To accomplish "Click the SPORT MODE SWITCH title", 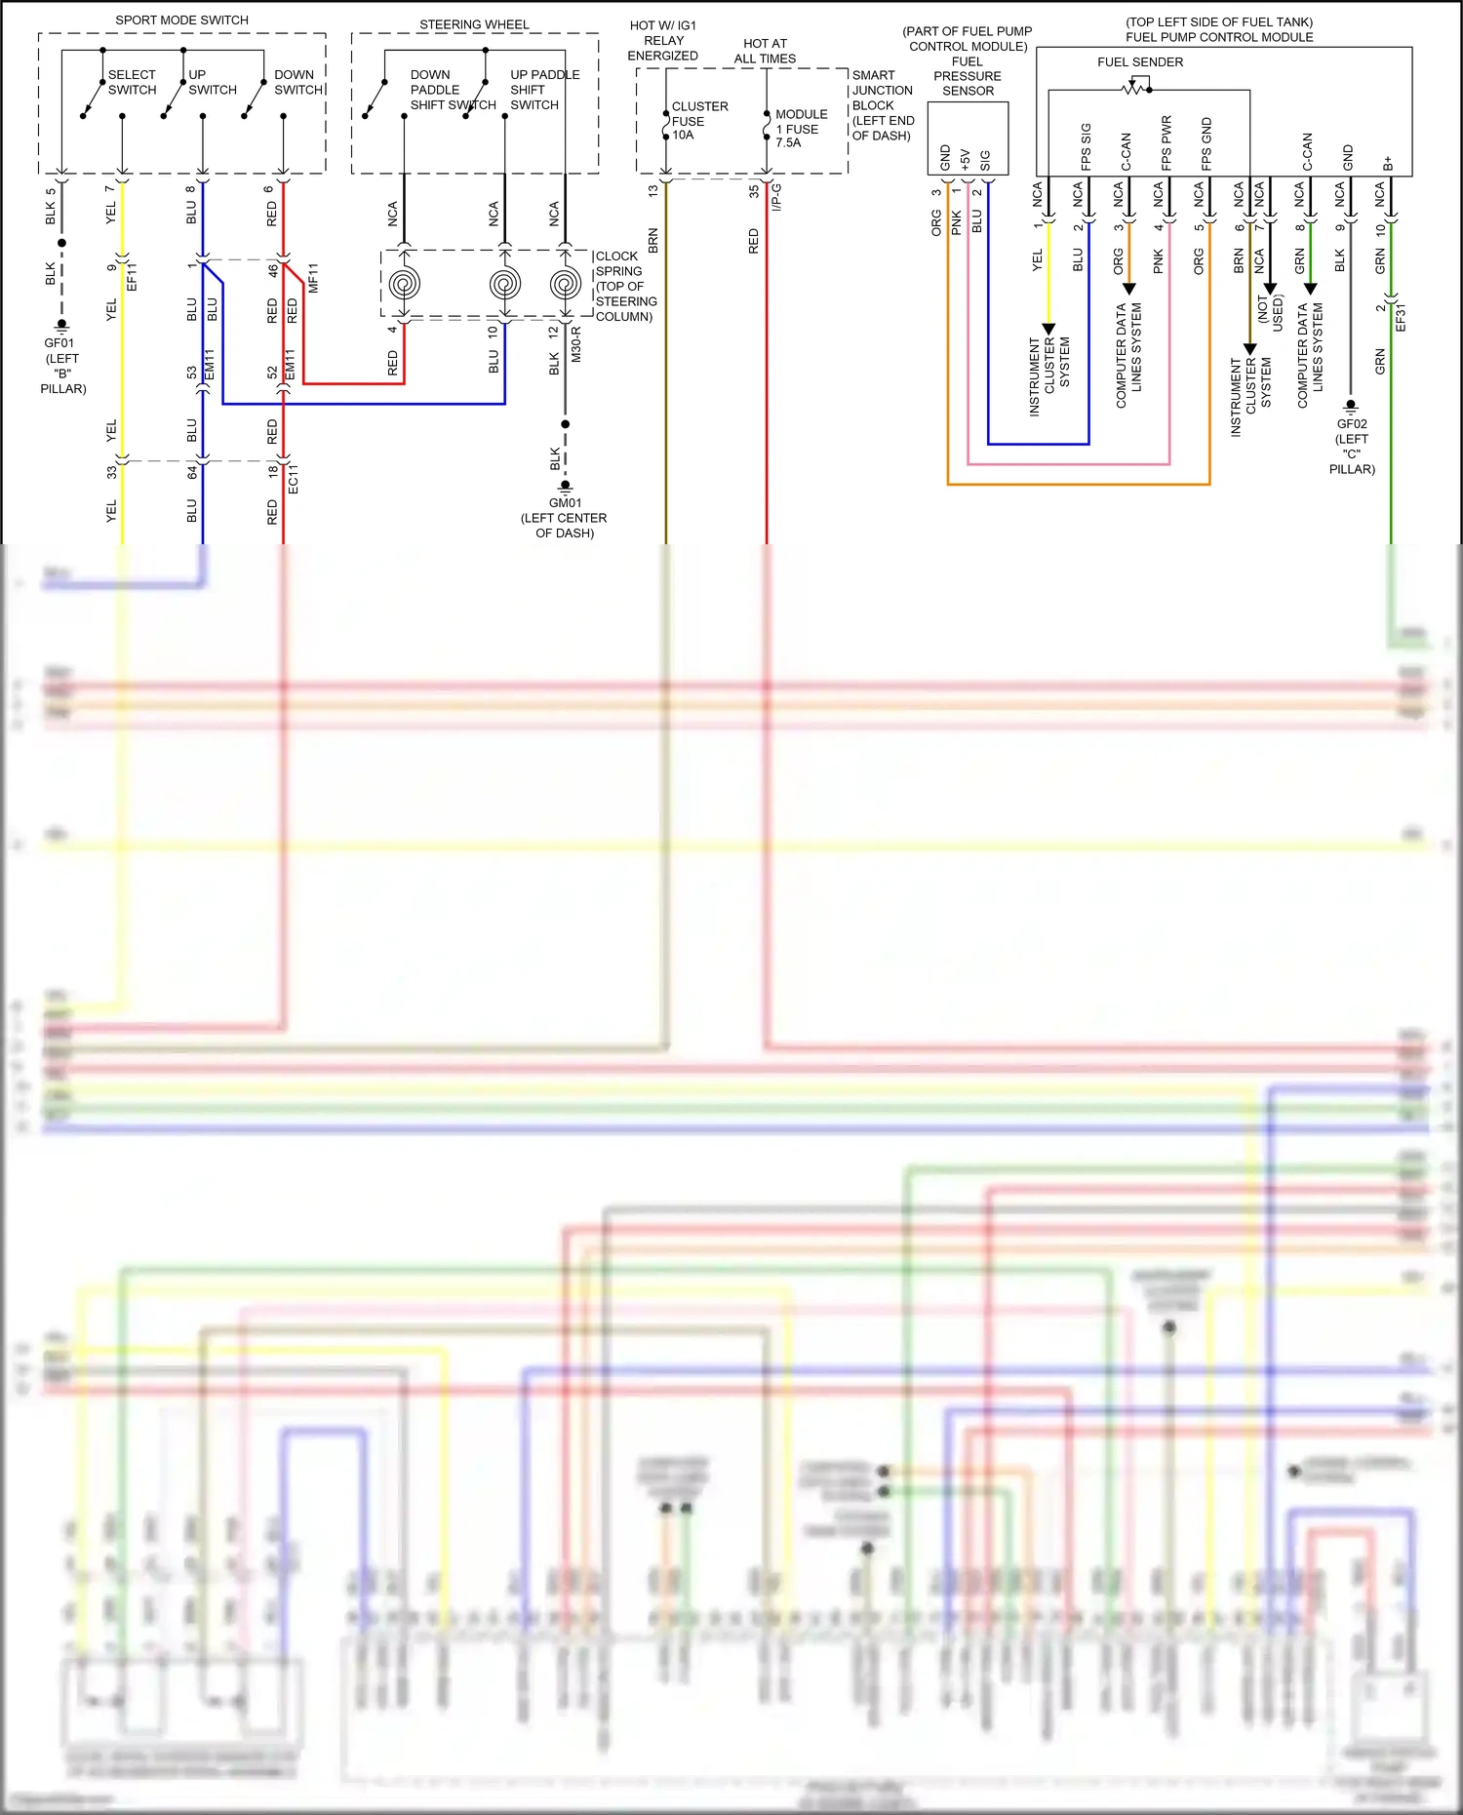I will coord(181,20).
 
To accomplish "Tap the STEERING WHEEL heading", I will coord(474,24).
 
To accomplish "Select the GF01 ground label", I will coord(59,343).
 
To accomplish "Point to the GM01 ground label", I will coord(565,503).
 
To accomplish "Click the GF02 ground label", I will coord(1352,424).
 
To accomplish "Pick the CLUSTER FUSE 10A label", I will coord(698,121).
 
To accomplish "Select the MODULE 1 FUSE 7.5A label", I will coord(801,129).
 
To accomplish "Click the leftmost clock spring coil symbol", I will coord(404,285).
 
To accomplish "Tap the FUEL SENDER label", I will coord(1139,61).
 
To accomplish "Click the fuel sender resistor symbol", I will coord(1134,89).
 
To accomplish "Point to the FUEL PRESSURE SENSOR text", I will coord(967,76).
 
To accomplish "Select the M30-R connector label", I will coord(575,344).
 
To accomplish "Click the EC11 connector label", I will coord(293,479).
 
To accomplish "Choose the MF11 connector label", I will coord(313,278).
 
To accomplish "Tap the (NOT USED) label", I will coord(1270,313).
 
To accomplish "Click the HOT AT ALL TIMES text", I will coord(765,51).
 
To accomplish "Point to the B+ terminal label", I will coord(1388,163).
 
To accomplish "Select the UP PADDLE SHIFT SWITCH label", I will coord(543,90).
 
